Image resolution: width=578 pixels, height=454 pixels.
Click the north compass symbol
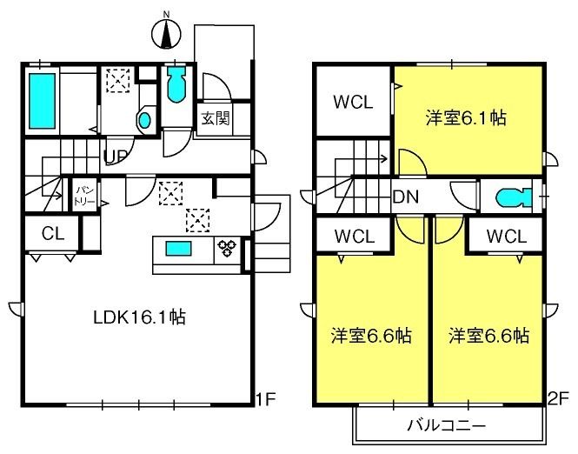(x=166, y=33)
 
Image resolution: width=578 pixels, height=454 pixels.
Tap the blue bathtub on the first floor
(x=42, y=101)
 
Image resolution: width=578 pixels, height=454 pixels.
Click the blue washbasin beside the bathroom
(x=144, y=120)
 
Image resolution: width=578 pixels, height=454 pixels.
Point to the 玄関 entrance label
(x=216, y=118)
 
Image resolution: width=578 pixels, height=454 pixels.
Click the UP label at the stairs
(x=116, y=157)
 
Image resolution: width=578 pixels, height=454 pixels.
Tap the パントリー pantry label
(x=85, y=196)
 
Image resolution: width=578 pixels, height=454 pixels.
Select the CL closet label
(x=53, y=233)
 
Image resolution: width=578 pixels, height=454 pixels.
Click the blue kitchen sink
(x=178, y=248)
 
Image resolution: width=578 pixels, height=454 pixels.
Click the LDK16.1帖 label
(x=139, y=317)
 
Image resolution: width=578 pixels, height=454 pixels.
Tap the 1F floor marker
(x=266, y=398)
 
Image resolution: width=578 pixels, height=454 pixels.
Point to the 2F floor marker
(x=558, y=399)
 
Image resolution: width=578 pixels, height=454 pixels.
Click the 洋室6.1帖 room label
(x=466, y=118)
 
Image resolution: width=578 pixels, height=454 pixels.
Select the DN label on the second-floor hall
(x=406, y=197)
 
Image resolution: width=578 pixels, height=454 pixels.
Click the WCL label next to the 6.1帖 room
(x=353, y=102)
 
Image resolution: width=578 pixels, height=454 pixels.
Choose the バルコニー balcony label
(x=447, y=425)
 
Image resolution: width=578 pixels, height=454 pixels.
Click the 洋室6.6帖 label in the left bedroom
(x=371, y=336)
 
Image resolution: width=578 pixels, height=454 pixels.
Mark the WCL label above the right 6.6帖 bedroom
(x=507, y=237)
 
